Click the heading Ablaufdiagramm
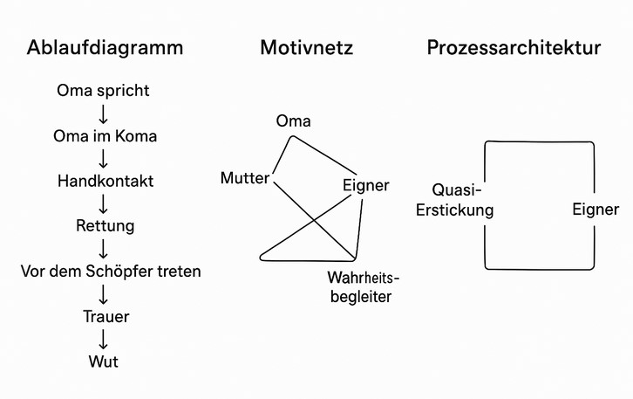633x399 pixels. coord(105,48)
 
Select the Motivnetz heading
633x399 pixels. coord(307,48)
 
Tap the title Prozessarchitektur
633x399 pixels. coord(514,48)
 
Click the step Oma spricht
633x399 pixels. coord(103,90)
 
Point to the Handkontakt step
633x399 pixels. coord(105,181)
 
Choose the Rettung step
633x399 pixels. coord(105,226)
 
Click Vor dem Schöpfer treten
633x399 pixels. coord(111,272)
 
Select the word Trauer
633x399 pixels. coord(105,316)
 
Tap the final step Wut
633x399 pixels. coord(103,361)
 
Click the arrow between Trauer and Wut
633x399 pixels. coord(103,339)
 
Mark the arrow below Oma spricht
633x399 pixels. coord(103,113)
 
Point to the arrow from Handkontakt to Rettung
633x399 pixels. coord(104,203)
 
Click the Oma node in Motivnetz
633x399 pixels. coord(293,121)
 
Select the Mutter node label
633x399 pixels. coord(245,178)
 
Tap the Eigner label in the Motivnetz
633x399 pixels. coord(365,185)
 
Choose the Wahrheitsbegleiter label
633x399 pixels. coord(360,287)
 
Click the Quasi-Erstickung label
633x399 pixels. coord(463,200)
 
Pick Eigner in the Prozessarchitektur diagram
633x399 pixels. coord(596,210)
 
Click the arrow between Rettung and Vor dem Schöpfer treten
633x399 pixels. coord(104,249)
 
